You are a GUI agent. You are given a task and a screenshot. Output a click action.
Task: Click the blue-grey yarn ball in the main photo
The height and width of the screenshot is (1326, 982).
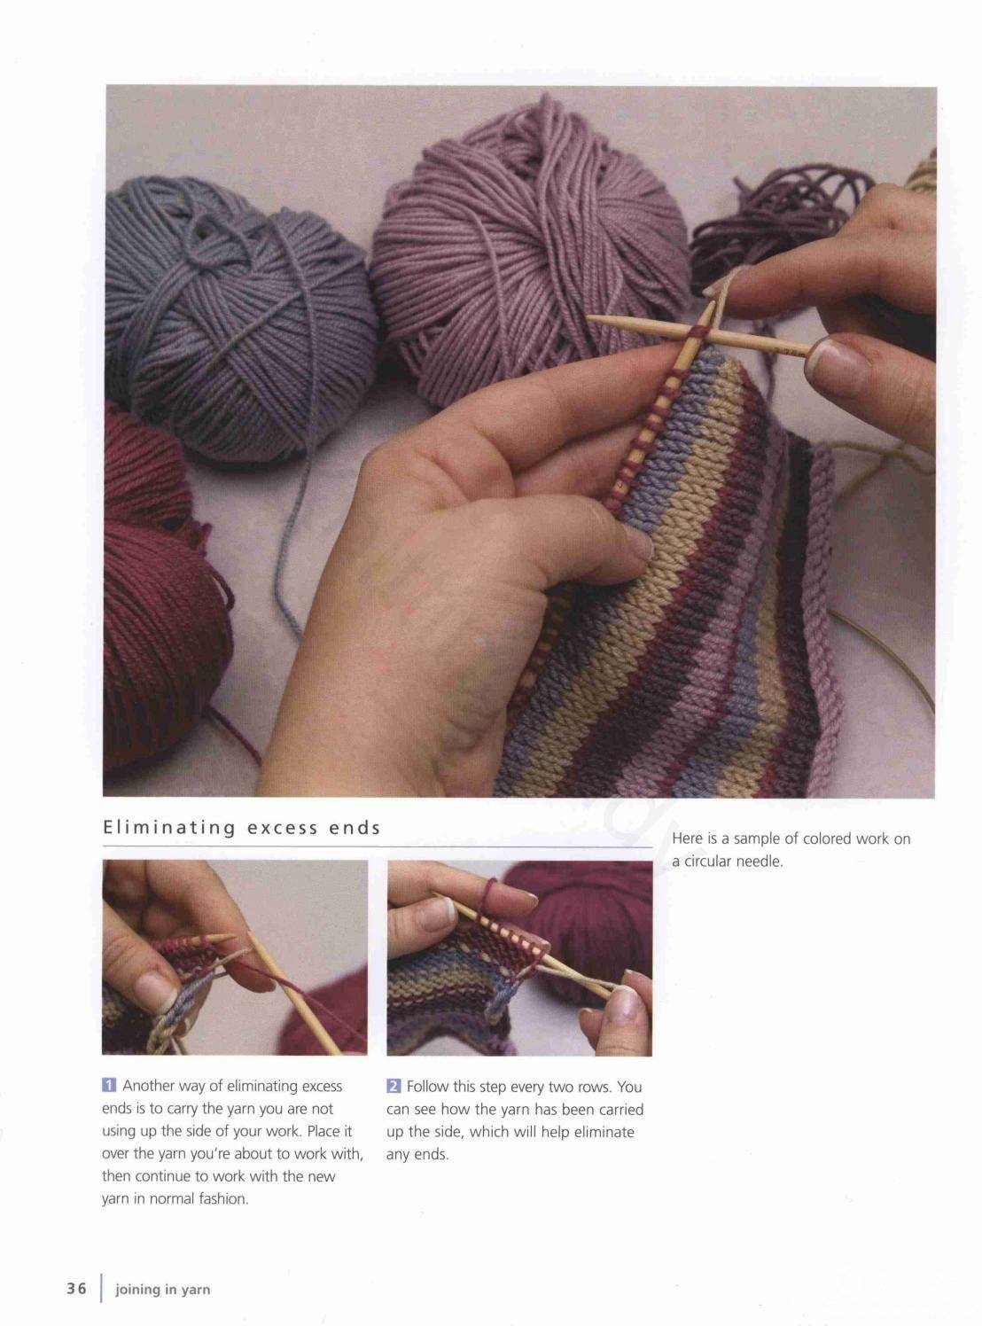point(237,316)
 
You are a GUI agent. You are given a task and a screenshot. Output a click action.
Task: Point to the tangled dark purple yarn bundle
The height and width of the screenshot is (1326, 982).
point(777,230)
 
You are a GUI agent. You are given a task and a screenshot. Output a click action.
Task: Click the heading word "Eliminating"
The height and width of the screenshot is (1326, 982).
point(169,828)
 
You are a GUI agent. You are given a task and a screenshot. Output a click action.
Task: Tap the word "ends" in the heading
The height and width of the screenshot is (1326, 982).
point(355,828)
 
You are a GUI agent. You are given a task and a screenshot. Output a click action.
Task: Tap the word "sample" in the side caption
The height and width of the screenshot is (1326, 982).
point(756,838)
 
